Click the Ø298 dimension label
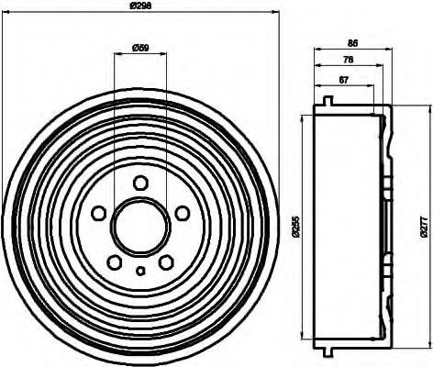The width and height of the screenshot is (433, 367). [140, 7]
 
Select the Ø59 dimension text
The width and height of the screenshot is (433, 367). [141, 47]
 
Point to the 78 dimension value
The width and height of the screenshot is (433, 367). [349, 60]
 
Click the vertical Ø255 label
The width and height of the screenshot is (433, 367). [294, 225]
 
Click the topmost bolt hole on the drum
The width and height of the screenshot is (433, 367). [140, 183]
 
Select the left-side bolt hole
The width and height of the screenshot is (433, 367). [98, 214]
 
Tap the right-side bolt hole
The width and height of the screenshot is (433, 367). [183, 214]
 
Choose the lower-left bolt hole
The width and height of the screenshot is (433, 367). [115, 263]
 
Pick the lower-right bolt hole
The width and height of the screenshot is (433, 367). [167, 263]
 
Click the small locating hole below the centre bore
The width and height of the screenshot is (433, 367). [140, 271]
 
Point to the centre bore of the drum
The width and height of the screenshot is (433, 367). [140, 225]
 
